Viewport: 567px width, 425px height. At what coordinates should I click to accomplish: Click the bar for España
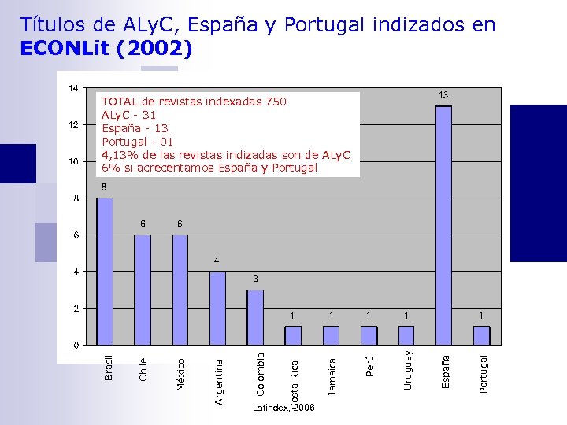click(x=443, y=225)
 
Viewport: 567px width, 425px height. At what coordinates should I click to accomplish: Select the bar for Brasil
click(x=105, y=271)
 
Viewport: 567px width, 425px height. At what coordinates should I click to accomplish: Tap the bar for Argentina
click(x=217, y=308)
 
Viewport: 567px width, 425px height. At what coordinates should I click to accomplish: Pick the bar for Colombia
click(x=255, y=317)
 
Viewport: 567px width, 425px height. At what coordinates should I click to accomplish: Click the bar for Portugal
click(x=482, y=335)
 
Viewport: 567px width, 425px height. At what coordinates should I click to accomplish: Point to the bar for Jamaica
click(x=331, y=335)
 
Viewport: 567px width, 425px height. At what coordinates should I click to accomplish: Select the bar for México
click(x=180, y=289)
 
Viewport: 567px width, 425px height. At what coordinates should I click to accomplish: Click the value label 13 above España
click(x=443, y=95)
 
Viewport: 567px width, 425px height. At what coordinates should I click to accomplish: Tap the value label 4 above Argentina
click(x=217, y=261)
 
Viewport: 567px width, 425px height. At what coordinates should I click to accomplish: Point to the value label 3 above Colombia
click(x=255, y=279)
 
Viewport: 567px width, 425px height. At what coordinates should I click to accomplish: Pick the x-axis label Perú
click(x=369, y=365)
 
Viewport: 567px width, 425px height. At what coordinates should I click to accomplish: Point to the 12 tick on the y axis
click(x=72, y=124)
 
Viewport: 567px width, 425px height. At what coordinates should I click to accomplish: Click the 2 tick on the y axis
click(x=76, y=309)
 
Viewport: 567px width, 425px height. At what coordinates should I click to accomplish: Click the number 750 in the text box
click(x=276, y=102)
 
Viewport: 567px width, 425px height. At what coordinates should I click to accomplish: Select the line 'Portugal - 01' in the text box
click(x=138, y=142)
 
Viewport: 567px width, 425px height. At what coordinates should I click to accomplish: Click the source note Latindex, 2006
click(x=283, y=408)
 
